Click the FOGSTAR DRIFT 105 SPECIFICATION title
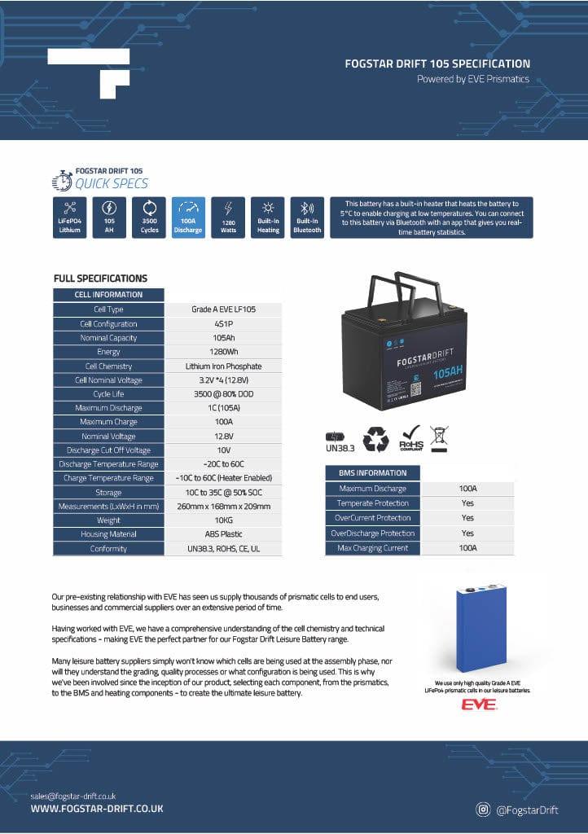[x=437, y=64]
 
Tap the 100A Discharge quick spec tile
[x=188, y=217]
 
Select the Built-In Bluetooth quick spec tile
[x=308, y=217]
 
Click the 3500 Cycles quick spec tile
[x=150, y=217]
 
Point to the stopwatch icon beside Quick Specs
[x=62, y=180]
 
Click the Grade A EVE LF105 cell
[x=223, y=309]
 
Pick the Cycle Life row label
[x=108, y=394]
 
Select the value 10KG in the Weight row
[x=223, y=520]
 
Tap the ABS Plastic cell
[x=223, y=534]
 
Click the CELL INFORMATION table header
[x=108, y=295]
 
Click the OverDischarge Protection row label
[x=372, y=533]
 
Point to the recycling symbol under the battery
[x=375, y=440]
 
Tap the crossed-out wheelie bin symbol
[x=439, y=438]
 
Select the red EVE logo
[x=478, y=704]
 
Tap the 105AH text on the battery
[x=449, y=373]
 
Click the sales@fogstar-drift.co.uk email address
[x=73, y=795]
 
